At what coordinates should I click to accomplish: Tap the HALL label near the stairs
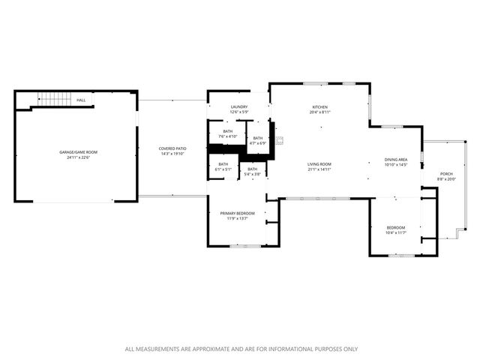coord(80,100)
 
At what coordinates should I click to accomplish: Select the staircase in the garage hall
coord(53,100)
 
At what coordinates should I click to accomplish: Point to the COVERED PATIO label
coord(172,148)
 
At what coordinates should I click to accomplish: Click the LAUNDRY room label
coord(239,107)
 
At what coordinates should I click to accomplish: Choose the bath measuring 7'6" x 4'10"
coord(227,131)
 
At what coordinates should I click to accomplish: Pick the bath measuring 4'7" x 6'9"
coord(258,138)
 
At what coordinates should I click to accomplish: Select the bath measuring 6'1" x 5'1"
coord(223,164)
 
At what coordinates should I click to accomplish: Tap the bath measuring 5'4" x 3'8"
coord(253,169)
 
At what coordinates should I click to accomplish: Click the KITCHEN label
coord(320,107)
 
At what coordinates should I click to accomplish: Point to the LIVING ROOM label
coord(319,164)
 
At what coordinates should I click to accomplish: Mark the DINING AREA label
coord(395,159)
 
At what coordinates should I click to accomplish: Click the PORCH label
coord(446,174)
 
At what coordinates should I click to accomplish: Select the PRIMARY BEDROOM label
coord(237,214)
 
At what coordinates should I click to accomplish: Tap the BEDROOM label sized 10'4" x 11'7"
coord(396,228)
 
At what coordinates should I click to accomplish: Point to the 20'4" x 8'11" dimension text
coord(320,113)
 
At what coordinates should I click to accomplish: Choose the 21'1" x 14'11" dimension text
coord(319,169)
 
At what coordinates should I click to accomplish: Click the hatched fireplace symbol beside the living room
coord(280,140)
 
